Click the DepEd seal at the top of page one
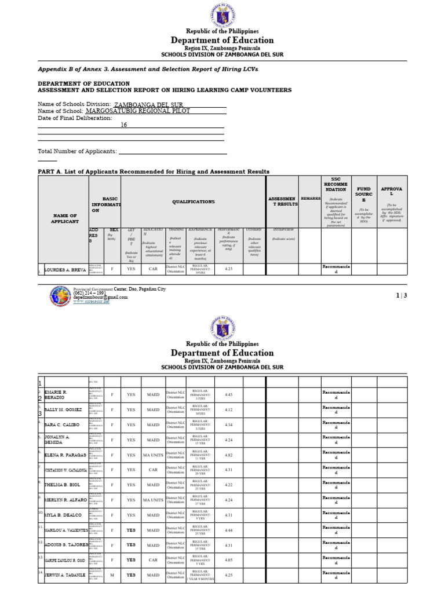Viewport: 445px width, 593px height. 222,14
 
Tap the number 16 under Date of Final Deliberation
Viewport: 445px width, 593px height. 123,125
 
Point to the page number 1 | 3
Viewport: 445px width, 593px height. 402,296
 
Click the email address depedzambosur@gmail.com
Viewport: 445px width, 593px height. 100,297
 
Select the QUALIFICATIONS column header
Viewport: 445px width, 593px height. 193,202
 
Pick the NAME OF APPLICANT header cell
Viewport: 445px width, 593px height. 64,218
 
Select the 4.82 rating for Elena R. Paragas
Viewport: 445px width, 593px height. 228,455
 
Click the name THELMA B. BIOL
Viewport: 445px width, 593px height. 62,485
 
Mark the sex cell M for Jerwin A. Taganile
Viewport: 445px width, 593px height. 112,575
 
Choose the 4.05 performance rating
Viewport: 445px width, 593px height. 228,560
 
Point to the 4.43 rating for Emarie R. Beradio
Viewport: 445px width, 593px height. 228,395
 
